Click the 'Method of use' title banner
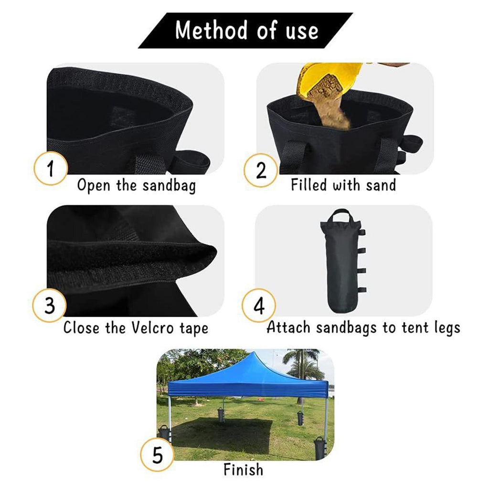coord(245,30)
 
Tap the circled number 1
coord(51,169)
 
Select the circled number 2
coord(261,170)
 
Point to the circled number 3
coord(50,305)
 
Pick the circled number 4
coord(259,305)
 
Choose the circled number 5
coord(157,455)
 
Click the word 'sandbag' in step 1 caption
coord(169,186)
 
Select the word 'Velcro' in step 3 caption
coord(152,328)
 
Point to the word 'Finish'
coord(243,469)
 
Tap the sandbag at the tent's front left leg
coord(164,434)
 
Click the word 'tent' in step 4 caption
coord(415,328)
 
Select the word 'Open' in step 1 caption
coord(94,186)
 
